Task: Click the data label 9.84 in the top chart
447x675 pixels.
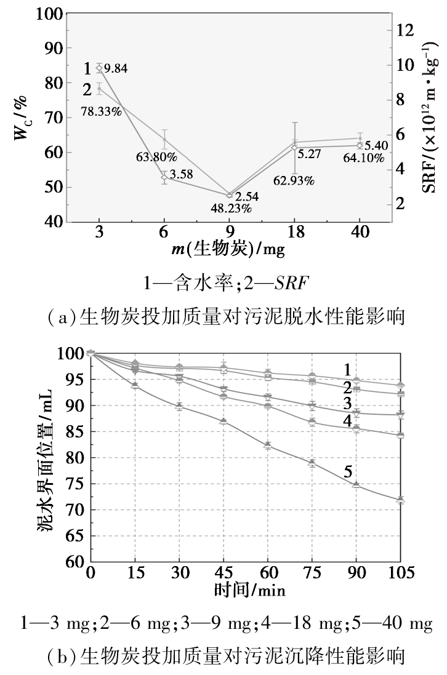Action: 116,68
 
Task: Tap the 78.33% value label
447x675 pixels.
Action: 101,111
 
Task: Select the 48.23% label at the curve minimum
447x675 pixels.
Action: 231,209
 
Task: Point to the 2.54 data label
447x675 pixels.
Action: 247,197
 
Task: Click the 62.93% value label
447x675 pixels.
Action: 294,180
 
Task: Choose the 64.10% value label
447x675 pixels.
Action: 363,158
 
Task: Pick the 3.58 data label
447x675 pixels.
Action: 181,174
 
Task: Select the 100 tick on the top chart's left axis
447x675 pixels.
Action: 49,14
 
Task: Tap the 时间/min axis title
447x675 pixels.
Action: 250,589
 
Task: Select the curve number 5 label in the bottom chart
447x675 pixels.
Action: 348,472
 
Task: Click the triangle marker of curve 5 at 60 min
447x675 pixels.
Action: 267,445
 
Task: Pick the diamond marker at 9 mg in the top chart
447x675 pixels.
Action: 229,195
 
